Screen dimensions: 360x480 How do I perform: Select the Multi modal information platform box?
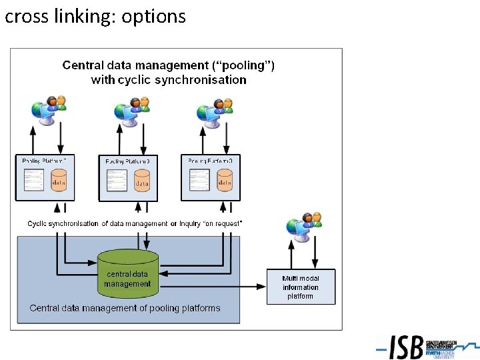[x=301, y=287]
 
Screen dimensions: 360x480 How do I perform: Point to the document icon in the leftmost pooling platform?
[x=33, y=179]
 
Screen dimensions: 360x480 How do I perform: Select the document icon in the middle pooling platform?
[x=116, y=180]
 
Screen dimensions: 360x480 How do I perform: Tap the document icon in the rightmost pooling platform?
[x=199, y=179]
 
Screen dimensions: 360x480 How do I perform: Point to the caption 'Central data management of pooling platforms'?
[x=125, y=308]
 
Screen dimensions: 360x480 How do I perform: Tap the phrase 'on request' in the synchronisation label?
[x=221, y=224]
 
